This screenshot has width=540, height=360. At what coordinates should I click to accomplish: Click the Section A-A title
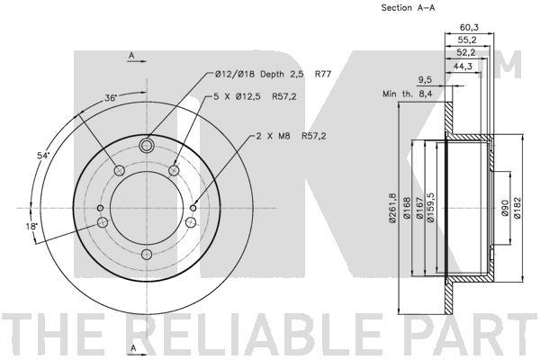pyautogui.click(x=408, y=8)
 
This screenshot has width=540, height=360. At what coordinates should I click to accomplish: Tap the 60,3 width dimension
pyautogui.click(x=470, y=27)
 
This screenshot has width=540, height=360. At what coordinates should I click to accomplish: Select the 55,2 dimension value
pyautogui.click(x=467, y=40)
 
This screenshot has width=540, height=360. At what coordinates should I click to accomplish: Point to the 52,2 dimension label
pyautogui.click(x=465, y=52)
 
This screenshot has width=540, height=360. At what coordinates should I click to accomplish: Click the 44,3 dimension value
pyautogui.click(x=463, y=66)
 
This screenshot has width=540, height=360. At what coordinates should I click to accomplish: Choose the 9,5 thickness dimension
pyautogui.click(x=425, y=80)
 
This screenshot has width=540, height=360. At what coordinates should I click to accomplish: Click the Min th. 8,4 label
pyautogui.click(x=408, y=94)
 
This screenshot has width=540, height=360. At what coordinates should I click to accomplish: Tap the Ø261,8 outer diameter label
pyautogui.click(x=392, y=208)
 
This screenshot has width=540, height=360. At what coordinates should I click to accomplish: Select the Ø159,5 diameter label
pyautogui.click(x=430, y=208)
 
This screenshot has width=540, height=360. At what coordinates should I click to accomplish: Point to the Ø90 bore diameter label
pyautogui.click(x=505, y=208)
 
